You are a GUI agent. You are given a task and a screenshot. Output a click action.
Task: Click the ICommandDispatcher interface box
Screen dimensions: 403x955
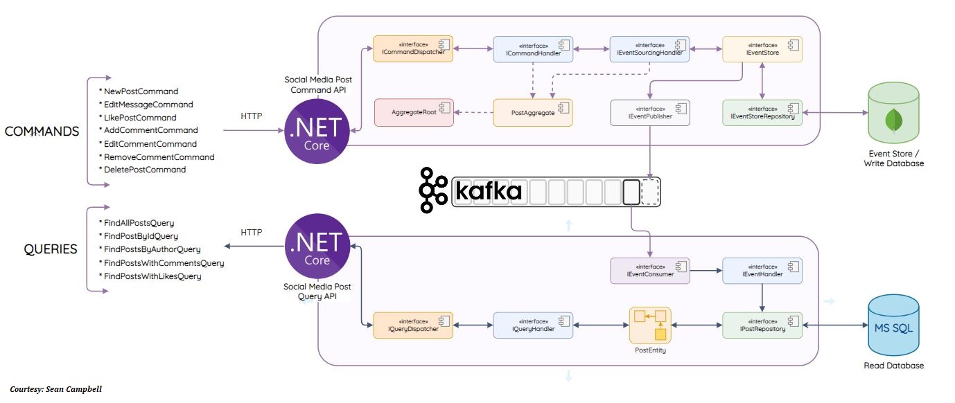point(413,49)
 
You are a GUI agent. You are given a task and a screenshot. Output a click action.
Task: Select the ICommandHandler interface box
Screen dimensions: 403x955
point(533,49)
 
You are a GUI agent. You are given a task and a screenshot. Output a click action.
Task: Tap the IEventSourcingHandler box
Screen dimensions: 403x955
point(649,49)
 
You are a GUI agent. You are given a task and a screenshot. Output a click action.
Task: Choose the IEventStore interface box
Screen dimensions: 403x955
point(762,49)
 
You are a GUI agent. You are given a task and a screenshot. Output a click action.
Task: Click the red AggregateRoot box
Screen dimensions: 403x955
point(414,112)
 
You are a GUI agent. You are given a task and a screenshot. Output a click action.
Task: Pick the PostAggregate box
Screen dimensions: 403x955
point(533,112)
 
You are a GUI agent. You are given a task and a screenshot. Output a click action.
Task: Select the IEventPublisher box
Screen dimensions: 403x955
point(649,112)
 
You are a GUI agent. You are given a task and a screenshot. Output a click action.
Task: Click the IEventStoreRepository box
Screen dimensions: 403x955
point(762,112)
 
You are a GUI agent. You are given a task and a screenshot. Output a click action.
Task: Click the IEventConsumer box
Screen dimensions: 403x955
point(649,270)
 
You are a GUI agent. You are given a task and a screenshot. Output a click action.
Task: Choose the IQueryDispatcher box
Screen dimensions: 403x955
point(413,325)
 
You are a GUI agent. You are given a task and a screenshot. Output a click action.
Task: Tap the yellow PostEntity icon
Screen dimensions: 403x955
point(650,325)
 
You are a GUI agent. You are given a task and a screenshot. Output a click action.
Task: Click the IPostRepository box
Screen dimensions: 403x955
point(762,325)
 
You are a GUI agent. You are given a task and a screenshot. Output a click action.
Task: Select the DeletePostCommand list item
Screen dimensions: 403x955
point(145,170)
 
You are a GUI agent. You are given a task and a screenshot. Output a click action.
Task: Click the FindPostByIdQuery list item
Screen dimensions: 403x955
point(141,236)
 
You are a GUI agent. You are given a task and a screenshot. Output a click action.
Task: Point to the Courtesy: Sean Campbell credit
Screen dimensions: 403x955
point(55,389)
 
